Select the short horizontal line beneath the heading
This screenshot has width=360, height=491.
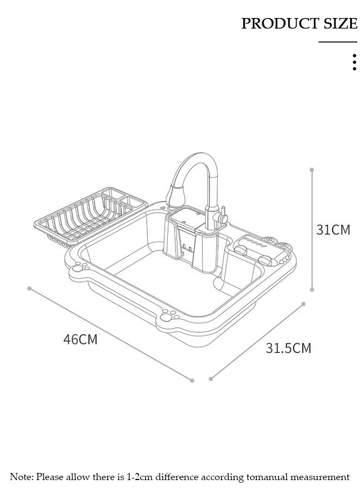click(x=338, y=42)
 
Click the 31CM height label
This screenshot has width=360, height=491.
click(x=333, y=230)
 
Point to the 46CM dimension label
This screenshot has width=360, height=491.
click(x=80, y=339)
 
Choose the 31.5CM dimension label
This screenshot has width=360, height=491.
click(x=289, y=348)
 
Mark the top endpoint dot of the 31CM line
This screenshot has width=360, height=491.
click(x=312, y=170)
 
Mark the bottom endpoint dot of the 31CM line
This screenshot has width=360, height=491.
click(x=312, y=290)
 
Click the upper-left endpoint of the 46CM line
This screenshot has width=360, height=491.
click(x=29, y=288)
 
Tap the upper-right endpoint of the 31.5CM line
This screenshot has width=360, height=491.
click(x=304, y=304)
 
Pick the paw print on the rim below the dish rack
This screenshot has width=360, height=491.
click(x=82, y=267)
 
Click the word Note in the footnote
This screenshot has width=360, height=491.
click(x=21, y=477)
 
